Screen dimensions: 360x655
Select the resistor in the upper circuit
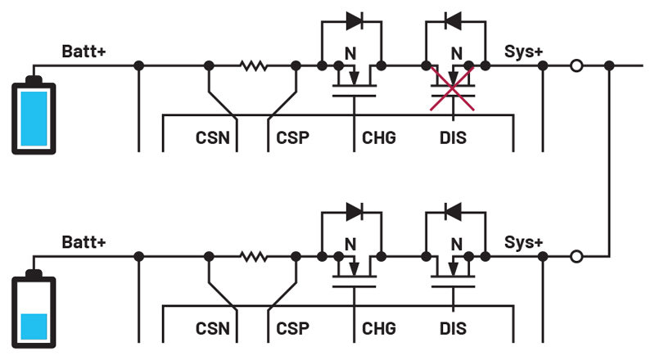pyautogui.click(x=254, y=65)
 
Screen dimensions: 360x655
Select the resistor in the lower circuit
pyautogui.click(x=254, y=257)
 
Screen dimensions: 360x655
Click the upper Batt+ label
pyautogui.click(x=84, y=52)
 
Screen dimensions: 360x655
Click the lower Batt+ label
pyautogui.click(x=84, y=243)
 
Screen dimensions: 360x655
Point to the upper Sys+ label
pyautogui.click(x=524, y=52)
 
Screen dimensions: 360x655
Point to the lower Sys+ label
pyautogui.click(x=524, y=243)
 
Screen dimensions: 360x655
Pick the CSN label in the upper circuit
pyautogui.click(x=212, y=137)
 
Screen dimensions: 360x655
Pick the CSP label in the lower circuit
pyautogui.click(x=292, y=329)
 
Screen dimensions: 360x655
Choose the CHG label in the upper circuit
pyautogui.click(x=378, y=137)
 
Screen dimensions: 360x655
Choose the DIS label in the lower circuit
pyautogui.click(x=452, y=329)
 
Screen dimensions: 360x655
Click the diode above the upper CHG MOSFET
pyautogui.click(x=355, y=20)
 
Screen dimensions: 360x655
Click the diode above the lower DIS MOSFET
pyautogui.click(x=454, y=211)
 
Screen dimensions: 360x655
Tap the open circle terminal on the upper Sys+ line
pyautogui.click(x=576, y=65)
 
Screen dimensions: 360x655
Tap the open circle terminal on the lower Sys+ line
pyautogui.click(x=576, y=257)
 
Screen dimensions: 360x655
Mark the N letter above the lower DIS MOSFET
pyautogui.click(x=455, y=243)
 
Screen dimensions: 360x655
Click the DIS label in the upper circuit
pyautogui.click(x=452, y=137)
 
